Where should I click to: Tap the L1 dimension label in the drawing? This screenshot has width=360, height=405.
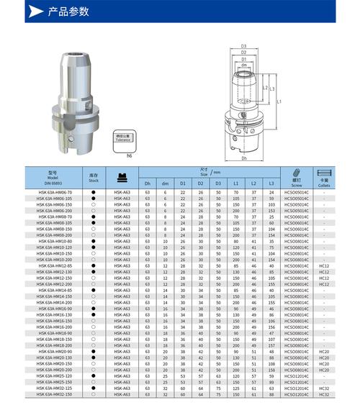point(279,102)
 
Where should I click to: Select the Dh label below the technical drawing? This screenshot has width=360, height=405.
point(245,158)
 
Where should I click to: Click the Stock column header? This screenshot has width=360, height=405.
point(93,177)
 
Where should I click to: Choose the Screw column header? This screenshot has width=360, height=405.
point(295,178)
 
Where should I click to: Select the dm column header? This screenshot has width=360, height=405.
point(165,183)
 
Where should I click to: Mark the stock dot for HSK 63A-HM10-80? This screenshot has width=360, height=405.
point(93,241)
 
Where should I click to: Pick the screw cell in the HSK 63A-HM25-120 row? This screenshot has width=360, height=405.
point(295,376)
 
